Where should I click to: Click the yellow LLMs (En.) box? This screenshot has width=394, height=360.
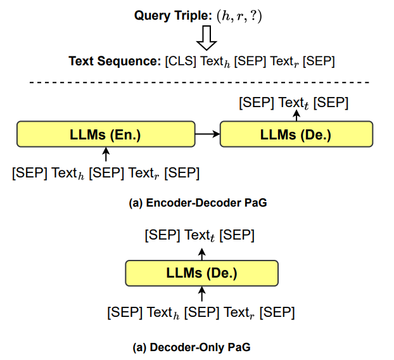click(106, 134)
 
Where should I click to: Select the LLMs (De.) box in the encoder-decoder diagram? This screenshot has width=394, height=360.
click(296, 134)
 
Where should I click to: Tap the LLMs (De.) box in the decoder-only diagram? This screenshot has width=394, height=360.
click(202, 273)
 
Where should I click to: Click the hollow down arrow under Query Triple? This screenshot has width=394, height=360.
click(207, 37)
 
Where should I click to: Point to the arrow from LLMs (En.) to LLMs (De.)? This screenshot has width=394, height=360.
click(208, 134)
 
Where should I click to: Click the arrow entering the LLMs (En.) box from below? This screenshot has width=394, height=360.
click(106, 154)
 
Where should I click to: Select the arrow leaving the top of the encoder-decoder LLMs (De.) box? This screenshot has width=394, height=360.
click(296, 116)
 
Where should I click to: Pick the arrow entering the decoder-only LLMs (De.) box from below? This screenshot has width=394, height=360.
click(202, 293)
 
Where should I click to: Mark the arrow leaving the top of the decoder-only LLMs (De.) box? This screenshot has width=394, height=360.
click(202, 254)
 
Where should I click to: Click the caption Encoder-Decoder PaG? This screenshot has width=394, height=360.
click(198, 203)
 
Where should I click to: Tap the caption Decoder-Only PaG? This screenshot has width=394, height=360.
click(192, 347)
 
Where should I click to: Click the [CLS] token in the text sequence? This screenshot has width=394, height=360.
click(181, 61)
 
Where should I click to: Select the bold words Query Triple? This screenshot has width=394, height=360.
click(174, 16)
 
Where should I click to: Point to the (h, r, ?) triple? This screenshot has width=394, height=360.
click(239, 16)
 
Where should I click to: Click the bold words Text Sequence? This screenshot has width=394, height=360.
click(115, 61)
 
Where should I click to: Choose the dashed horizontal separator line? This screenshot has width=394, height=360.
click(200, 82)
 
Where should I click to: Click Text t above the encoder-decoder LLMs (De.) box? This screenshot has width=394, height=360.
click(293, 103)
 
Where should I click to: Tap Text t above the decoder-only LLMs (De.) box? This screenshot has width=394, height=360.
click(200, 235)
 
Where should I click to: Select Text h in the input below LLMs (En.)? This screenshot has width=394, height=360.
click(68, 173)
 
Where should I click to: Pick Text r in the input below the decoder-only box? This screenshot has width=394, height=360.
click(239, 312)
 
